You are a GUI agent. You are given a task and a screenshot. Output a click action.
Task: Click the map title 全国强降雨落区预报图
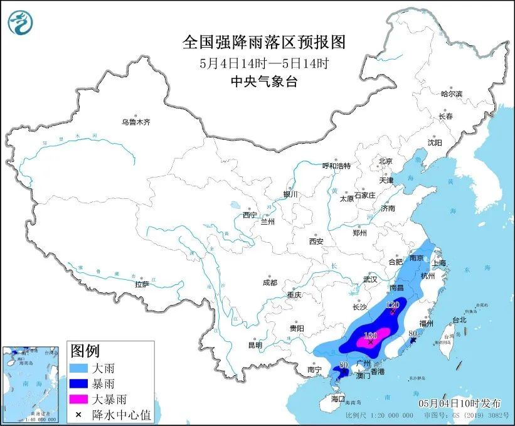point(263,42)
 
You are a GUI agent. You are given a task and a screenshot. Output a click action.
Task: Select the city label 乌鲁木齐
point(136,122)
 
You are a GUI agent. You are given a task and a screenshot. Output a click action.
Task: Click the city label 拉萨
point(142,284)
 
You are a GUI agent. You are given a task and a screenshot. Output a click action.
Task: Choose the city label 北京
point(385,161)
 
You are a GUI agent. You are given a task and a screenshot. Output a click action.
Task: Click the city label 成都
point(270,282)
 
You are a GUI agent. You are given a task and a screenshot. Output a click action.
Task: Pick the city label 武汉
point(370,279)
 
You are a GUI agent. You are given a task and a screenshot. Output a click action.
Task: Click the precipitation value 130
point(371,335)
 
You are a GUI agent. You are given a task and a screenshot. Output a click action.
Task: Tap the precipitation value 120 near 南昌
point(393,305)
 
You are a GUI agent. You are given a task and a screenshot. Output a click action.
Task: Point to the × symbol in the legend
point(79,413)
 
